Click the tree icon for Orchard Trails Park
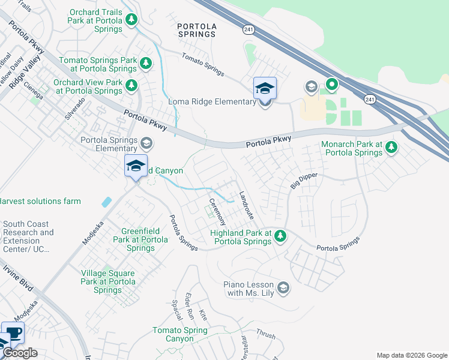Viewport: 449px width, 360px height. [131, 20]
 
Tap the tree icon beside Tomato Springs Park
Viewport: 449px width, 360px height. [145, 64]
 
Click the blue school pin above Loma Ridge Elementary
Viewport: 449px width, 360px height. [265, 89]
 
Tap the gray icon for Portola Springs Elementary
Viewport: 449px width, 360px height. [146, 143]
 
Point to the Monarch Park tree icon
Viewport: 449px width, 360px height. [391, 147]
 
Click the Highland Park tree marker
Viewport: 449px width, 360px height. [280, 236]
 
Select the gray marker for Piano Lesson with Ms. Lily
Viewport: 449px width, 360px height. [283, 289]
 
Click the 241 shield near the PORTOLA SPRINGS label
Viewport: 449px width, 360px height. [248, 28]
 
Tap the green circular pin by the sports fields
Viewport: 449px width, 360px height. [331, 85]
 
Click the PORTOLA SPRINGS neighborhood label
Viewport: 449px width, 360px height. [197, 29]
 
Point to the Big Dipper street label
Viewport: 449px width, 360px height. [304, 180]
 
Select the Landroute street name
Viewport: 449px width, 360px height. [247, 205]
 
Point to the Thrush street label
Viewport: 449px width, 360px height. [265, 332]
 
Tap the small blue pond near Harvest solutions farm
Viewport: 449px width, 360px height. [106, 202]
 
